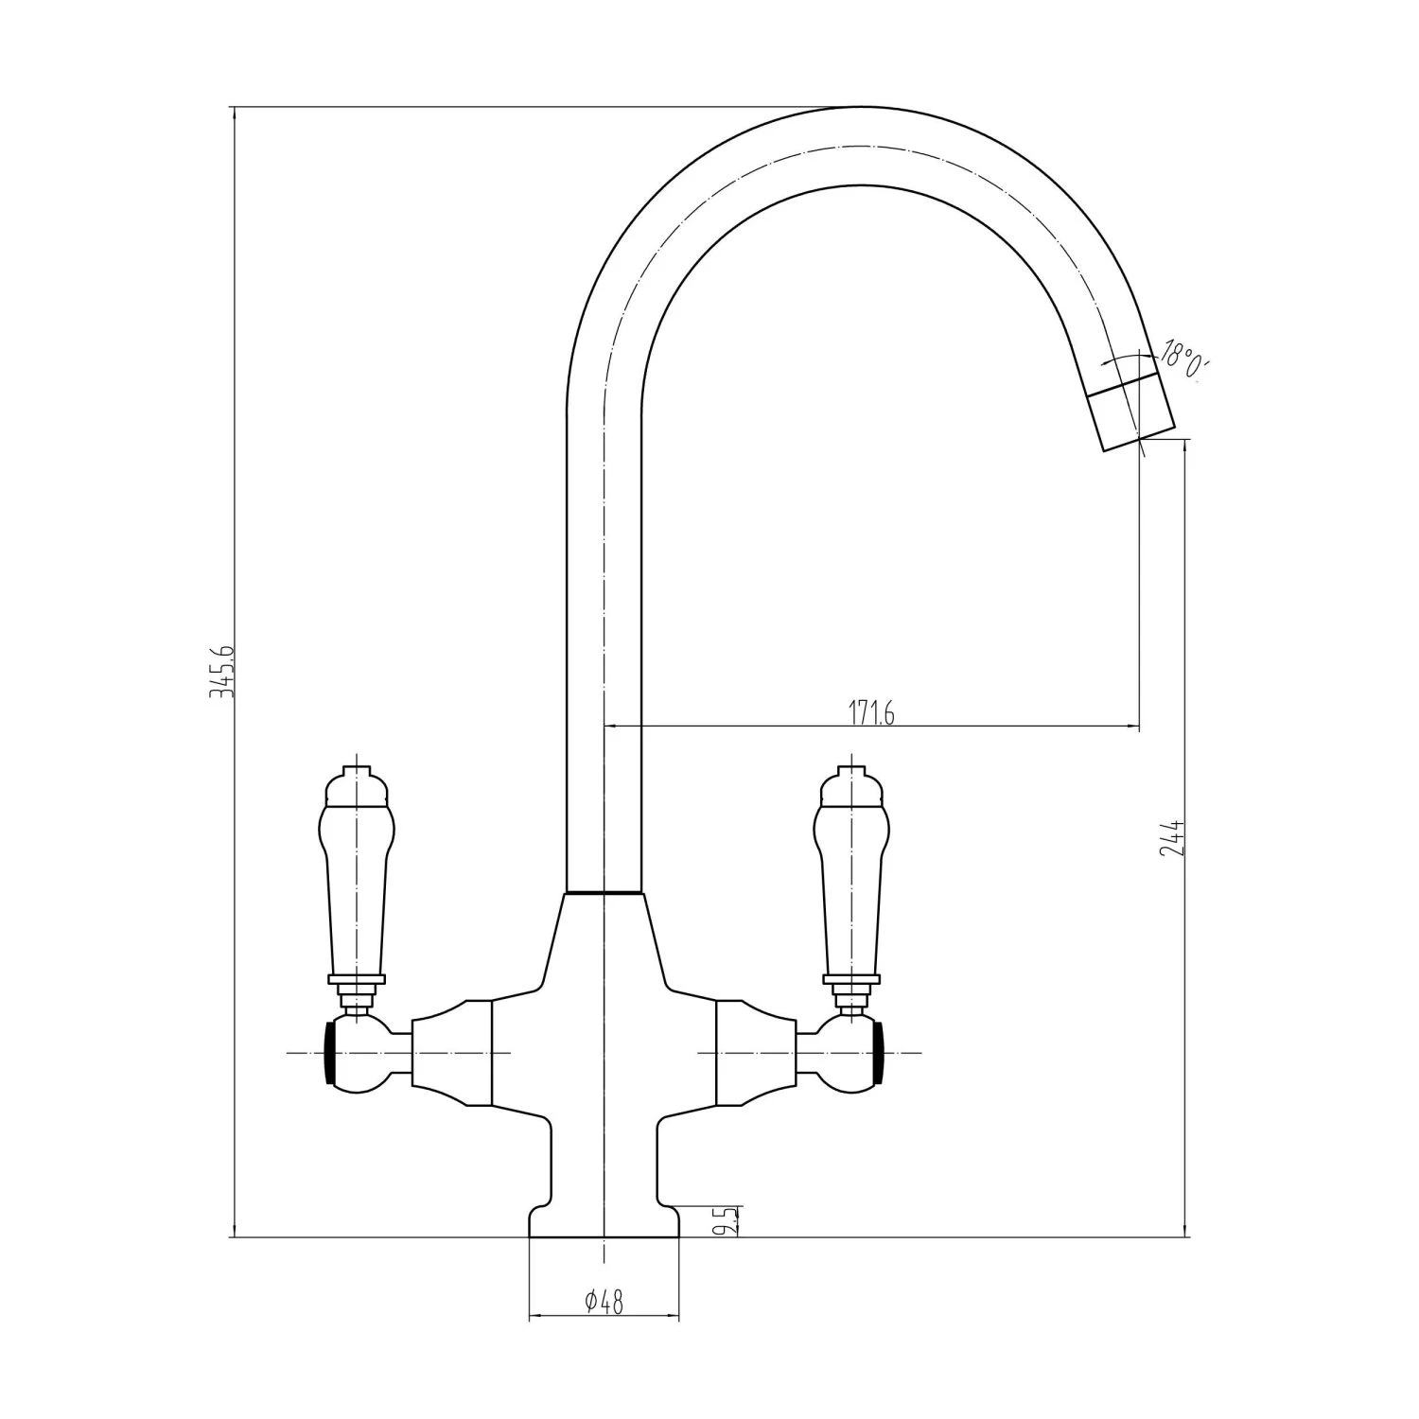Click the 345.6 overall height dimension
pos(220,673)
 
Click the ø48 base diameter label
pos(604,1303)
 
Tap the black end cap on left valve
pos(330,1052)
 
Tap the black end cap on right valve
pos(879,1052)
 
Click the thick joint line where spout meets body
pos(604,892)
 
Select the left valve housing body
pos(452,1052)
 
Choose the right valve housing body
pos(755,1052)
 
